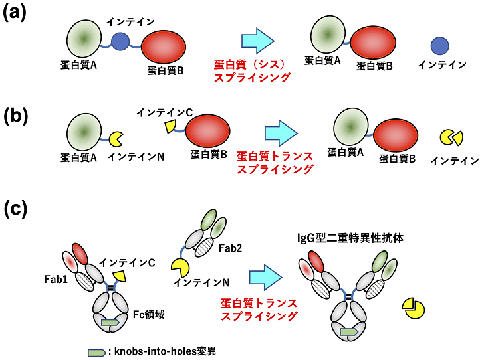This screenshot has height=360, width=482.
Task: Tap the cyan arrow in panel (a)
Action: click(x=257, y=41)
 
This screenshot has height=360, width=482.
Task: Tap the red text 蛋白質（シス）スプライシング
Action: click(x=253, y=71)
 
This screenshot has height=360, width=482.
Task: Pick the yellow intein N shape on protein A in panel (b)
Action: click(x=116, y=139)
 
